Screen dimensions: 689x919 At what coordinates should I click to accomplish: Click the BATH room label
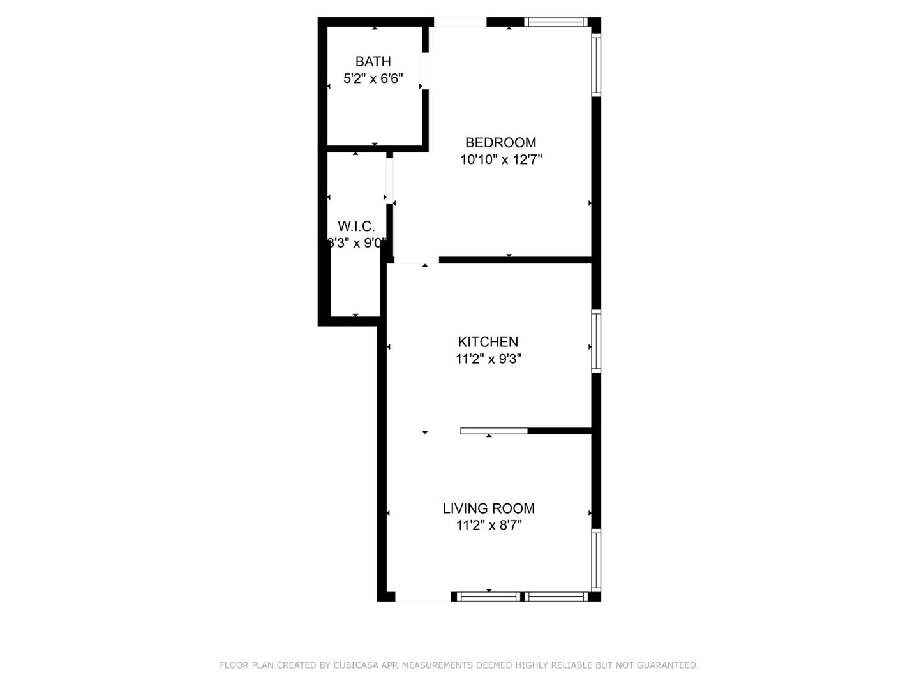(x=373, y=62)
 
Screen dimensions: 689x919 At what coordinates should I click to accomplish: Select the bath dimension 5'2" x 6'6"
(x=373, y=79)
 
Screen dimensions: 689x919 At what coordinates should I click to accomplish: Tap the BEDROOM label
(x=500, y=143)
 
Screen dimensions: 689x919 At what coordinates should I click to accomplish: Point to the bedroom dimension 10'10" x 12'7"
(x=501, y=159)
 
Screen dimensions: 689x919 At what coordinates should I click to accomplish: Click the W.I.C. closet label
(x=356, y=226)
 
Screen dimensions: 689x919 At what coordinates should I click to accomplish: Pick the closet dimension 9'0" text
(x=371, y=243)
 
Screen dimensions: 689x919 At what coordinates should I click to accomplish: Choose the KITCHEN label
(x=488, y=342)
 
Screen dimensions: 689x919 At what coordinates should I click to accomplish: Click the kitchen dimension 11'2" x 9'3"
(x=488, y=359)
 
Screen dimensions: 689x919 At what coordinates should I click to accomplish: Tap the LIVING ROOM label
(x=489, y=508)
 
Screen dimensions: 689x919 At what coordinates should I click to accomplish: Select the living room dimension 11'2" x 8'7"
(x=489, y=526)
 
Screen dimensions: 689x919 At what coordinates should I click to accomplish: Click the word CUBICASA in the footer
(x=354, y=665)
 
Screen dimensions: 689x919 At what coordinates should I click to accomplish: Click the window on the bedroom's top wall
(x=556, y=22)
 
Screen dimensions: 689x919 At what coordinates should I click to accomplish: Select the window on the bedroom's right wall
(x=596, y=64)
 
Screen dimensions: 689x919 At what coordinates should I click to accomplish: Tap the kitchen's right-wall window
(x=596, y=341)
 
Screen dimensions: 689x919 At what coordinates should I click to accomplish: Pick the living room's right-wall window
(x=596, y=560)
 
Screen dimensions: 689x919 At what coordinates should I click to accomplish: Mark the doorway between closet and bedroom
(x=389, y=180)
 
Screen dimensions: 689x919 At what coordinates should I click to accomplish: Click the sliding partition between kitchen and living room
(x=494, y=431)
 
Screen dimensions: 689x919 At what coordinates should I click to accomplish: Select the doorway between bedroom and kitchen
(x=416, y=260)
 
